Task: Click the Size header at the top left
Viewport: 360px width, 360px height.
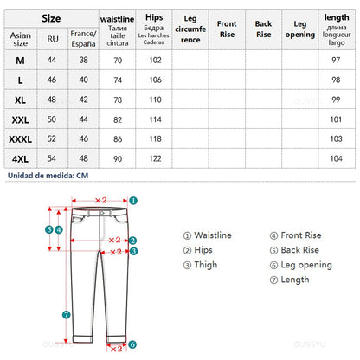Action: [x=51, y=16]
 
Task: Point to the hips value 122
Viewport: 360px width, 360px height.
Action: [x=154, y=159]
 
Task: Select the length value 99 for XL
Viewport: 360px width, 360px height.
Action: [x=337, y=100]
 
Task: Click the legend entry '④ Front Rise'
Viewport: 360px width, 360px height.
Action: [x=295, y=235]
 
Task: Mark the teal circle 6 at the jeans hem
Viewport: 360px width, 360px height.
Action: [x=132, y=344]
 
